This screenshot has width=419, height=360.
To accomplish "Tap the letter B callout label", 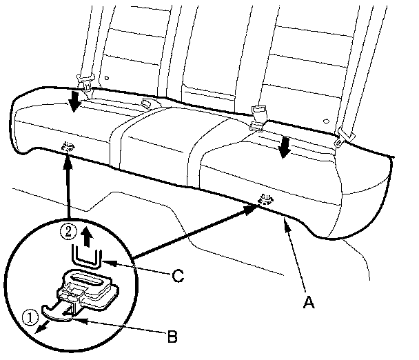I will [172, 338].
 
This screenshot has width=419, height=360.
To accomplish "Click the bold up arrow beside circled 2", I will [87, 237].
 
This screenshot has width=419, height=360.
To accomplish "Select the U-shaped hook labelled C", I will [85, 259].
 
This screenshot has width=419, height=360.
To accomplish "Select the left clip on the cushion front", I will [68, 147].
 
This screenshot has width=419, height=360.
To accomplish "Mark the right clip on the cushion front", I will [263, 200].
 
